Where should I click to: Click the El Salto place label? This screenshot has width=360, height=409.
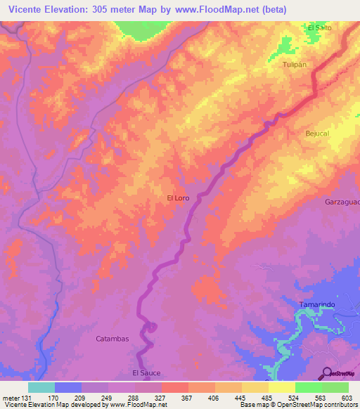(319, 27)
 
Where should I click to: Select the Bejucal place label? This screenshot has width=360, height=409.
(317, 133)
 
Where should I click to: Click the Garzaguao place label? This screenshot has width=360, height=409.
(342, 202)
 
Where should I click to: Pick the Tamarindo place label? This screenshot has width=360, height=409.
(316, 304)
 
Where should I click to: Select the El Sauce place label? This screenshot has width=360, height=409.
(146, 372)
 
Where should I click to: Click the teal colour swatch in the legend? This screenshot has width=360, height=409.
(41, 387)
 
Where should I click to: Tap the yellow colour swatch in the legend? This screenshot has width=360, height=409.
(281, 387)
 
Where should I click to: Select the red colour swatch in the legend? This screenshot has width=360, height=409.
(174, 387)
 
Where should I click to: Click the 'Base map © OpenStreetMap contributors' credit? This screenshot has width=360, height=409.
(299, 405)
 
